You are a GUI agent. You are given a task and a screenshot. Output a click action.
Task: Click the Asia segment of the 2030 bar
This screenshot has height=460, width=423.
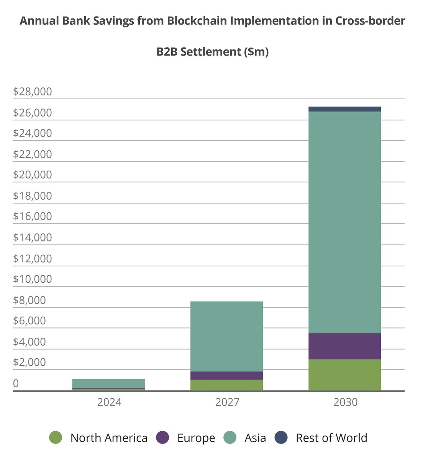(344, 222)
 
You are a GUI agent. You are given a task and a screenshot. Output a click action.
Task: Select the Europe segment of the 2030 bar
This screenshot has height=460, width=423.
(344, 346)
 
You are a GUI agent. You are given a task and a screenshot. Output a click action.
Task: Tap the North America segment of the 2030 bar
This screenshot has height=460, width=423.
(344, 375)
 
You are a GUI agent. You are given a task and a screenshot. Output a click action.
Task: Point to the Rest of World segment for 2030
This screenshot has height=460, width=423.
(344, 109)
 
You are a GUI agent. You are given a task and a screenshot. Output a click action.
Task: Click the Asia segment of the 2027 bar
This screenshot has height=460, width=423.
(226, 336)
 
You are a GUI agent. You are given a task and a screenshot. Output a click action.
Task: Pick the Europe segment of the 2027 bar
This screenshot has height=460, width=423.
(226, 376)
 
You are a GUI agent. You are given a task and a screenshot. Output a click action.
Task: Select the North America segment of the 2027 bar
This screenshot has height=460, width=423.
(226, 385)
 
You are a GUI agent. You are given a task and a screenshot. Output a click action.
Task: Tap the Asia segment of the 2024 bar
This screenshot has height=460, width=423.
(108, 383)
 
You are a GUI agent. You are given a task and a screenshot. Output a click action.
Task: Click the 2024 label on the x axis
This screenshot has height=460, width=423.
(109, 402)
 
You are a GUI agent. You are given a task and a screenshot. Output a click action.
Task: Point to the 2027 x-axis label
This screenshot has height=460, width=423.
(227, 402)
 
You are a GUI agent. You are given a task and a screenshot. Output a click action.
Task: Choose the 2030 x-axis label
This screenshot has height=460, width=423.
(345, 402)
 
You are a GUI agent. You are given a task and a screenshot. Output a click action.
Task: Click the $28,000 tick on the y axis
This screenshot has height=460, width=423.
(32, 92)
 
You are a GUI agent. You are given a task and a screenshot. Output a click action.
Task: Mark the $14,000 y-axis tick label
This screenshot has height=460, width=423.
(32, 238)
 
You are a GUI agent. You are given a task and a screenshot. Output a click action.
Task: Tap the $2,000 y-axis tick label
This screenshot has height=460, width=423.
(32, 362)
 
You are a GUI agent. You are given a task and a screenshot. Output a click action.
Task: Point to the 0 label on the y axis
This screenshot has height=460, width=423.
(16, 383)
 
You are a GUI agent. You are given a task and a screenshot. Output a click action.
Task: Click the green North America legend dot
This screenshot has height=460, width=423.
(56, 438)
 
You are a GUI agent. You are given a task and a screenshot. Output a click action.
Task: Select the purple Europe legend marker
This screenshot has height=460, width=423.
(163, 438)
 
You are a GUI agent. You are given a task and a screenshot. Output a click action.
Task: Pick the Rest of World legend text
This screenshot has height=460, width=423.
(331, 438)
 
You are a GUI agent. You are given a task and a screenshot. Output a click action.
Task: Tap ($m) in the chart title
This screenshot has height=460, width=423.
(256, 52)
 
